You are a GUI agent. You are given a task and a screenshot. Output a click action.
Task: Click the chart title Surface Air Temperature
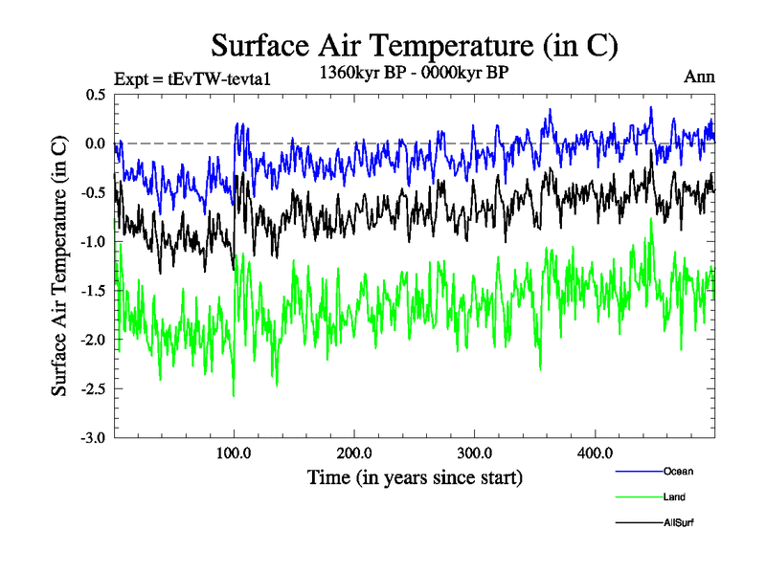coord(414,46)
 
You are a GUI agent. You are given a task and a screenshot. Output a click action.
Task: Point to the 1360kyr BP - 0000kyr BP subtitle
coord(413,72)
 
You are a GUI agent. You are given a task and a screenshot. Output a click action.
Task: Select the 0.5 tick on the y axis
coord(96,95)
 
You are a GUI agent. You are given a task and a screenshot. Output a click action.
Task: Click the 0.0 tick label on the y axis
coord(96,143)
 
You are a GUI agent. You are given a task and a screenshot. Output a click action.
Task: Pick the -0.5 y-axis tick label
coord(94,192)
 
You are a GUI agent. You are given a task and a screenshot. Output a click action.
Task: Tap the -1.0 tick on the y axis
coord(94,241)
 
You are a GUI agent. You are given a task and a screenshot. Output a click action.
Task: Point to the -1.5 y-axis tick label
coord(94,291)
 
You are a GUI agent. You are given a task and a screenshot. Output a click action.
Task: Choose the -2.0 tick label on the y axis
coord(94,340)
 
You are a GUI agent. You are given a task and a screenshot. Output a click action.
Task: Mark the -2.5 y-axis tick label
coord(94,388)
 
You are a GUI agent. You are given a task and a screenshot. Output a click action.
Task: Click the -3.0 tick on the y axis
coord(94,437)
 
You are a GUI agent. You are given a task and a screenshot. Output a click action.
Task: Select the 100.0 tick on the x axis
coord(235,453)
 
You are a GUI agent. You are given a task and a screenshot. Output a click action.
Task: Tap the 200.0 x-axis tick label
coord(354,453)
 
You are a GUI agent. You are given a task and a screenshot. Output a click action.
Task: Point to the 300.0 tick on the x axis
coord(475,453)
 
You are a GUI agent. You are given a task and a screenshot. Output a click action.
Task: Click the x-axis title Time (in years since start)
coord(415,476)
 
